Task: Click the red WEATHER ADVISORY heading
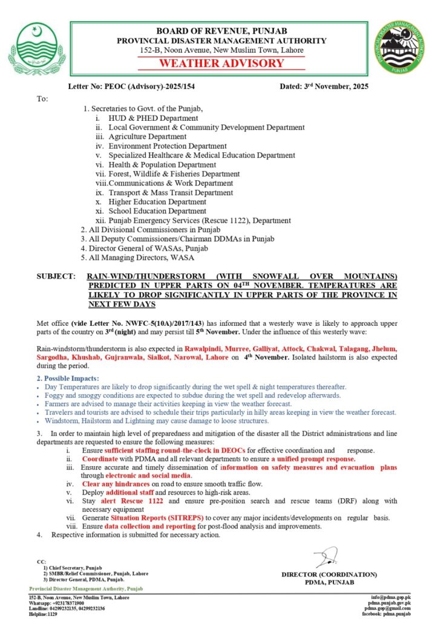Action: [221, 63]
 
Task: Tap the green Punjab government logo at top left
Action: [37, 49]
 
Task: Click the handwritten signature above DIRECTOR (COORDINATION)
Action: [326, 557]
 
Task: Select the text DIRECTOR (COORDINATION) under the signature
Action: [328, 574]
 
